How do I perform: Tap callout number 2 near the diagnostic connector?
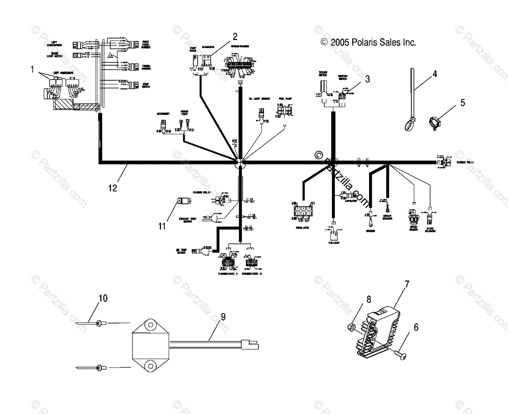tap(235, 36)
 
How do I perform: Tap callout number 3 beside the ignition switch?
tap(367, 78)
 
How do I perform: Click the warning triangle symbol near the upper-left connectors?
tap(110, 55)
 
